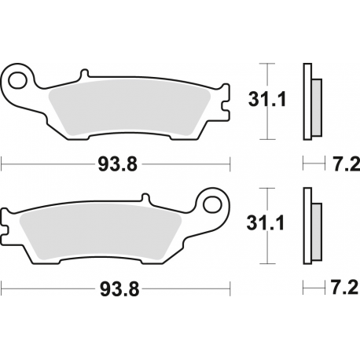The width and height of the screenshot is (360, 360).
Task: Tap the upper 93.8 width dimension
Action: [x=118, y=164]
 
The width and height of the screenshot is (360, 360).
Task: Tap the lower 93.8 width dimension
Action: [x=118, y=288]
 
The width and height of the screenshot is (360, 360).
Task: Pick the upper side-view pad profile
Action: [x=311, y=100]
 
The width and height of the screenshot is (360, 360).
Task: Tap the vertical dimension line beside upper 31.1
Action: [x=268, y=100]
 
